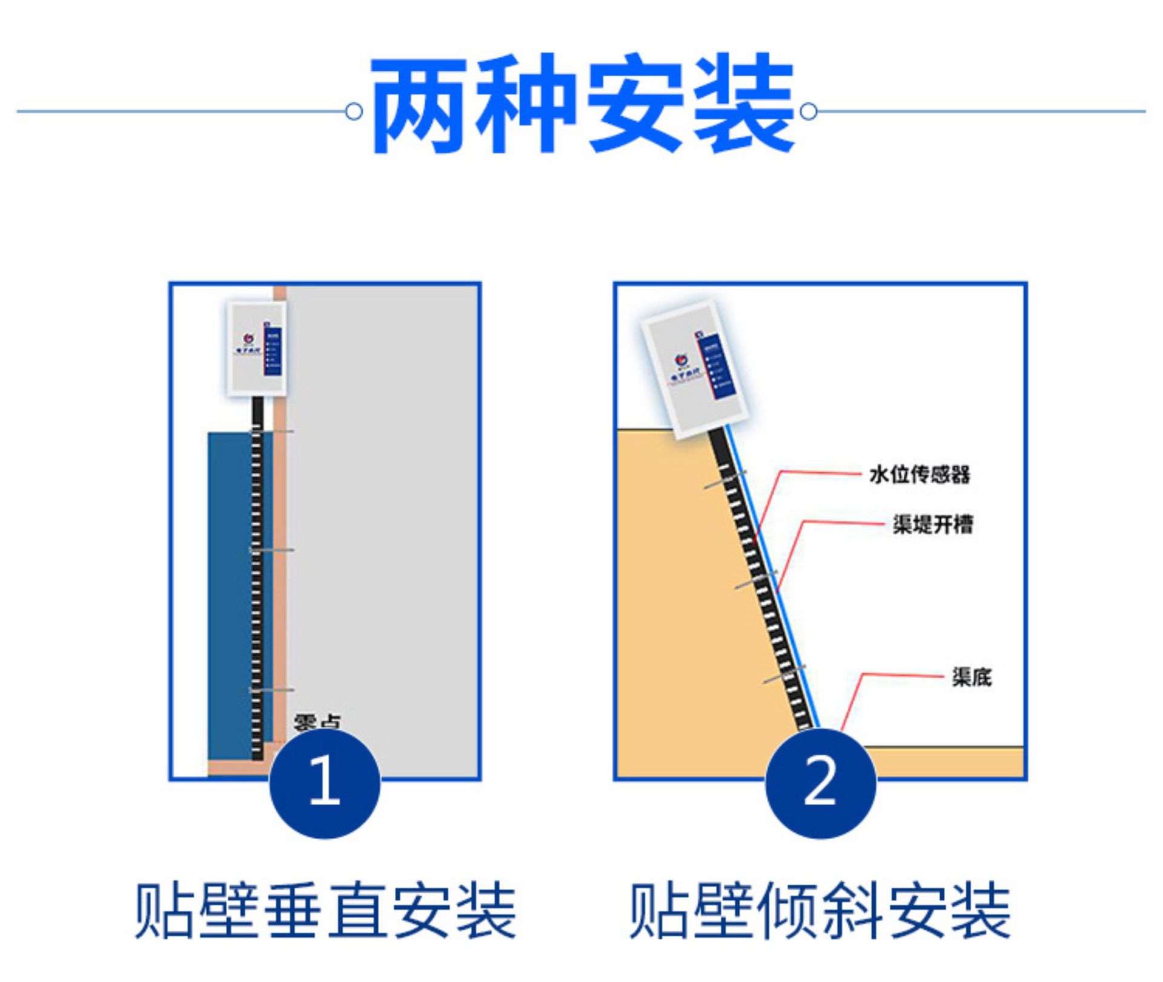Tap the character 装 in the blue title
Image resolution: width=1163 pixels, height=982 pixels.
click(x=743, y=104)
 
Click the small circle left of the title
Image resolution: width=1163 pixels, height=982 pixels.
click(x=354, y=112)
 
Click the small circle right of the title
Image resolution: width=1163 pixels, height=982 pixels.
click(x=809, y=112)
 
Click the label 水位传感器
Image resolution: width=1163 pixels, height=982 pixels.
click(x=919, y=475)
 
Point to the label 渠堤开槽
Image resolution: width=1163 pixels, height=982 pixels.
click(x=933, y=524)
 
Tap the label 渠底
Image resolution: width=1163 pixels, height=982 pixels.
click(x=972, y=677)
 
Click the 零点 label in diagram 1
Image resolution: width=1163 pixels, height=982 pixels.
click(x=317, y=722)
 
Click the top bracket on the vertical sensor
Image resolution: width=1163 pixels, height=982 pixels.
click(x=273, y=431)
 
